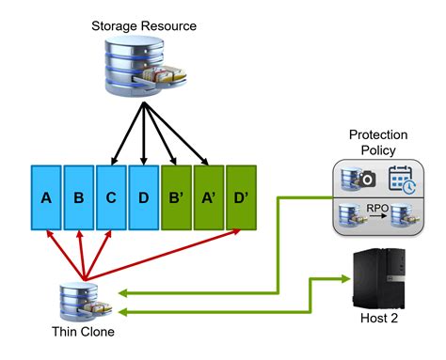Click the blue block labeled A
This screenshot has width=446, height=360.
[x=46, y=198]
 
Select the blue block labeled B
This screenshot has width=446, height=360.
[x=79, y=198]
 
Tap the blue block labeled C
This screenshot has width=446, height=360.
[x=111, y=198]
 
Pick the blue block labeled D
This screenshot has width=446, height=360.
[x=143, y=198]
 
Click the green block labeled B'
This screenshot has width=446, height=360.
[x=176, y=198]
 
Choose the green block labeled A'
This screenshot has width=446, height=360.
[x=208, y=198]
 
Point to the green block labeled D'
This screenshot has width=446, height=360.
[x=241, y=198]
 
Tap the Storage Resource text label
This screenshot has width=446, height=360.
[x=144, y=25]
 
